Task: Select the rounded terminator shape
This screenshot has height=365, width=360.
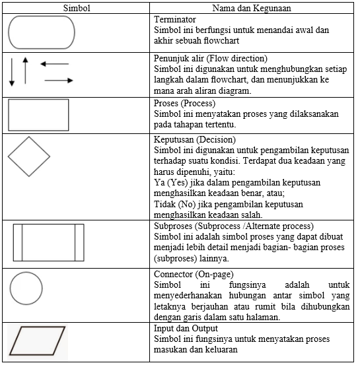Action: pos(42,32)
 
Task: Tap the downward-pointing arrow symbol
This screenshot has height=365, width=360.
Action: pos(12,74)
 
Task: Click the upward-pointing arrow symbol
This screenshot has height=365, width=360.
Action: pos(25,70)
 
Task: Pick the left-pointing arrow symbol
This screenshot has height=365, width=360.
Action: pos(54,64)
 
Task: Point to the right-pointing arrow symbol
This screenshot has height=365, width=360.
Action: pos(59,81)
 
